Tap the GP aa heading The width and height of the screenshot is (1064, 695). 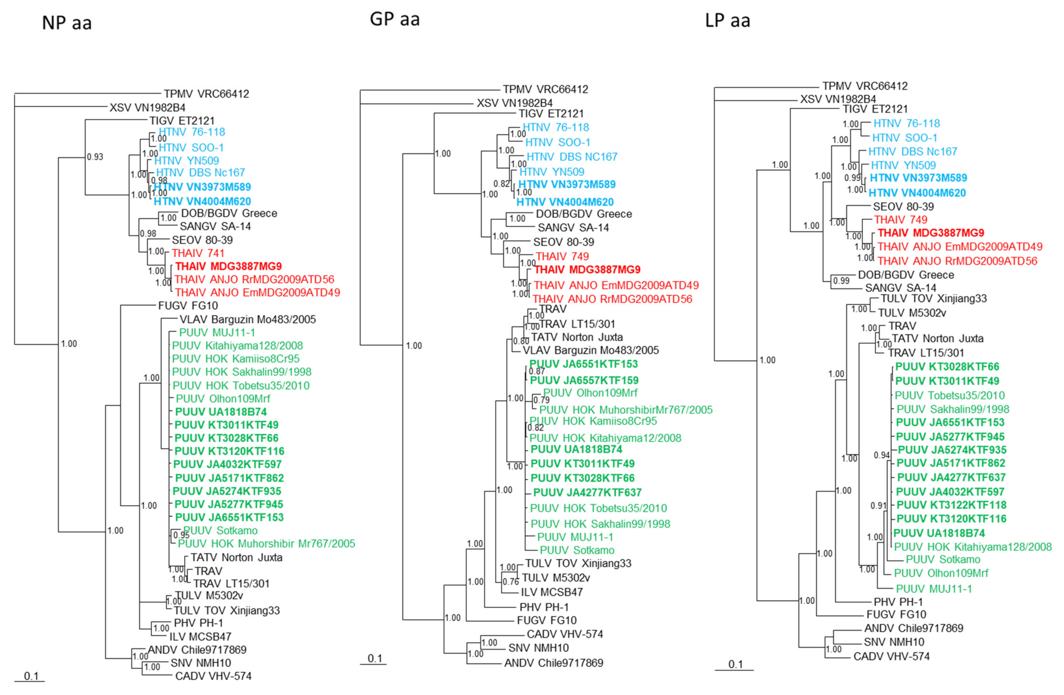click(x=394, y=19)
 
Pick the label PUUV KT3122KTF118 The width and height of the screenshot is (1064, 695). click(x=951, y=505)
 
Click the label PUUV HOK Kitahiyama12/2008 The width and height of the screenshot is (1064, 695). click(x=605, y=438)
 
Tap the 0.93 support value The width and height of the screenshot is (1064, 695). click(x=95, y=157)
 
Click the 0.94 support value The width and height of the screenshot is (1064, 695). click(x=882, y=455)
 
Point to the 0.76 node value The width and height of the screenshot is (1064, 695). click(x=510, y=581)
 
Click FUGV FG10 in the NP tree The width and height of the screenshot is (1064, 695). click(x=188, y=306)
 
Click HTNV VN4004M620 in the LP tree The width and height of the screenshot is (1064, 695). click(x=917, y=193)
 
